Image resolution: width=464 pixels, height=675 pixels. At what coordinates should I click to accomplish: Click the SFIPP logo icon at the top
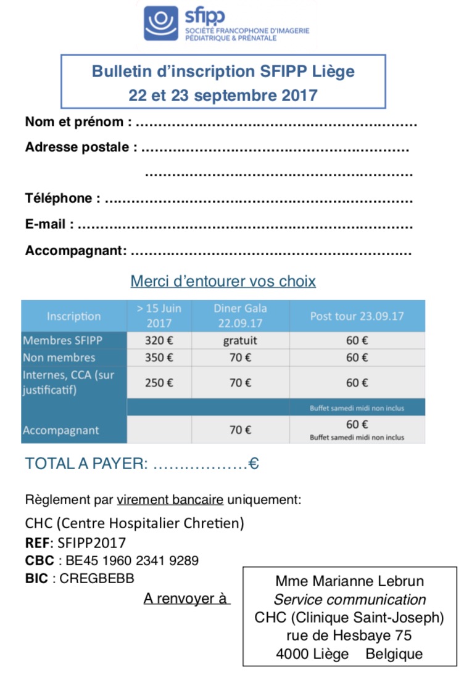161,23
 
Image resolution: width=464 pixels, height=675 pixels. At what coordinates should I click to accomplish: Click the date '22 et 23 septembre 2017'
223,96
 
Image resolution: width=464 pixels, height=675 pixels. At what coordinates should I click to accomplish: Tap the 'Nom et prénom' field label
78,122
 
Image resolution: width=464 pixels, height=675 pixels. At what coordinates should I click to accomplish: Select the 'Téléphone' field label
62,198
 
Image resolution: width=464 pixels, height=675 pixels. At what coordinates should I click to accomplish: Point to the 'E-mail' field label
49,224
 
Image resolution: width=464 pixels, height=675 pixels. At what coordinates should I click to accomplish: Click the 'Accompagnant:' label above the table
76,250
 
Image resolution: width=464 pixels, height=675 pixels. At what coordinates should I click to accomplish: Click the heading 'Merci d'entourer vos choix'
223,281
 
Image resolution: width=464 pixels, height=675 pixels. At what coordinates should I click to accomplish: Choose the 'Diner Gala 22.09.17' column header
240,316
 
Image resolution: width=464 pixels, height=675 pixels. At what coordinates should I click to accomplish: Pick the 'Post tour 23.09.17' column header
357,316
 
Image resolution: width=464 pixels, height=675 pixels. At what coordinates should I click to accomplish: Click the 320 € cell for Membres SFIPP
159,340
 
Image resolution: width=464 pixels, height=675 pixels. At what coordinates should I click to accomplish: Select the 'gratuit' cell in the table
240,340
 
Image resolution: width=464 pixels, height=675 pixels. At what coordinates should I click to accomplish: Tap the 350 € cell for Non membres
159,358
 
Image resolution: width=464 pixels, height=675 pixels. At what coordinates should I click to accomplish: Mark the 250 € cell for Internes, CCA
159,383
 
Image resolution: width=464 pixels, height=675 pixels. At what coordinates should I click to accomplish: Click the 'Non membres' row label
59,358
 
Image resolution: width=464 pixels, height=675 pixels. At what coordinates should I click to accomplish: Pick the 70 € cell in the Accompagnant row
240,430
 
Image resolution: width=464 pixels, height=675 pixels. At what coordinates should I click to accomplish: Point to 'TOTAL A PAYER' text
86,464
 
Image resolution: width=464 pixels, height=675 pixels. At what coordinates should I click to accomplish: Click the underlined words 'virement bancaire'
170,499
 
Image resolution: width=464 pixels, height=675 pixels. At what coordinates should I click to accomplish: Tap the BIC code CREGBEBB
97,578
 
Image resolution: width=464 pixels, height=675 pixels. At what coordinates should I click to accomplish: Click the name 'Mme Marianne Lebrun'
350,581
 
